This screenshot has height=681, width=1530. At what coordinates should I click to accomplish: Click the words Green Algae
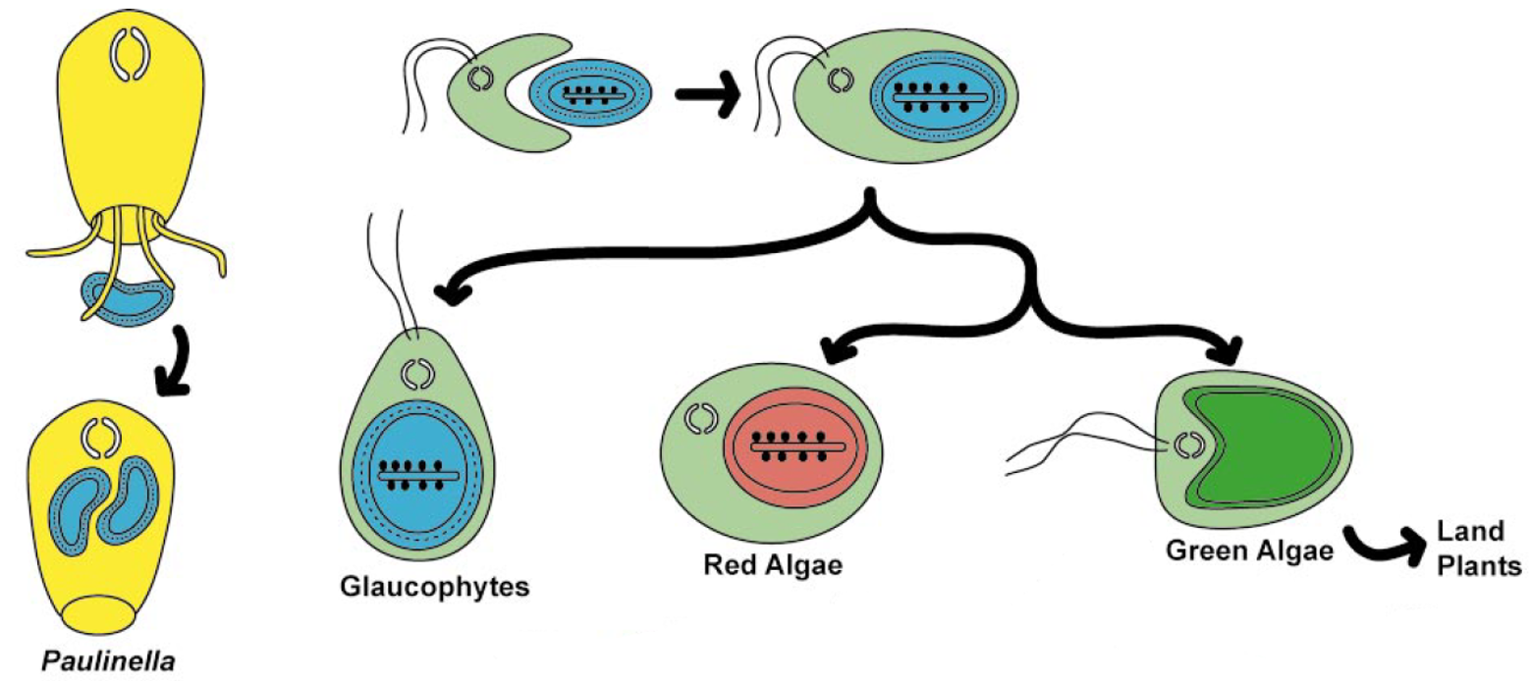(1249, 550)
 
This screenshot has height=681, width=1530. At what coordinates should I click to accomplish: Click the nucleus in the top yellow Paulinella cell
(130, 53)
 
